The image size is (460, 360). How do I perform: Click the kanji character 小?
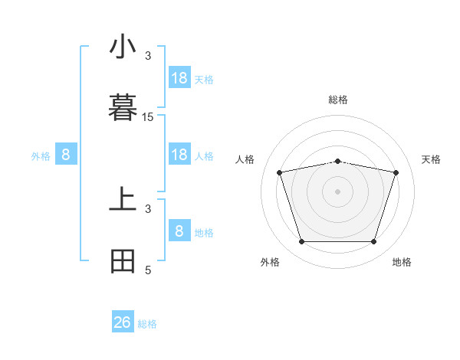[x=123, y=47]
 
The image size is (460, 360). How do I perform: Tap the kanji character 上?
[x=123, y=201]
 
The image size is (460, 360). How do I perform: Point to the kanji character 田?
[x=123, y=262]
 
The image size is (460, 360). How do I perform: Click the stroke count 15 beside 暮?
[x=148, y=116]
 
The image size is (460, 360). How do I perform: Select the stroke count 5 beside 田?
[x=148, y=270]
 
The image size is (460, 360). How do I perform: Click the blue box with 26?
[x=123, y=322]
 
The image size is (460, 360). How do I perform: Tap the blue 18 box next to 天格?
[x=179, y=78]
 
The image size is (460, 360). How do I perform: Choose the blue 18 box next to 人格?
[x=179, y=155]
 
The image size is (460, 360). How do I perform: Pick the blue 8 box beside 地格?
[x=179, y=231]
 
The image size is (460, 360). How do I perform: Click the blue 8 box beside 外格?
[x=66, y=155]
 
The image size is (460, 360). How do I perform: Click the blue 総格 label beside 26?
[x=147, y=324]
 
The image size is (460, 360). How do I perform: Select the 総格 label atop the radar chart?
[x=338, y=100]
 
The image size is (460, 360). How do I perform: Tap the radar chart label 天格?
[x=431, y=159]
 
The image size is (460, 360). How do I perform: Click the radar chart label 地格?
[x=402, y=262]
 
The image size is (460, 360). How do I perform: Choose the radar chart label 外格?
[x=270, y=262]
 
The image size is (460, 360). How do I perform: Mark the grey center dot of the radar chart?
[x=338, y=191]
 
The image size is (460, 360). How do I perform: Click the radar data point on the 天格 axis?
[x=396, y=172]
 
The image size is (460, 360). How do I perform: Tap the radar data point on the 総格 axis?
[x=338, y=161]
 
